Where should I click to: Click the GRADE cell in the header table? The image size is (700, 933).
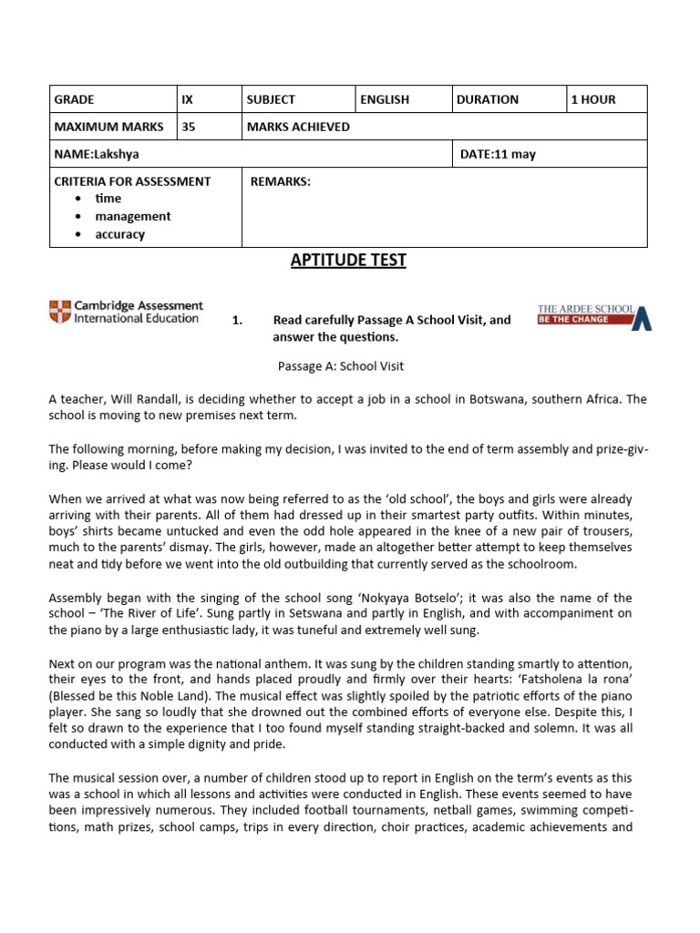75,99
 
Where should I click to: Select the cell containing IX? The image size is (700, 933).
189,99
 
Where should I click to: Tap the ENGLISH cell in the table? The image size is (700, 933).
384,99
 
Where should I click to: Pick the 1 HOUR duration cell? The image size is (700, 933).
592,99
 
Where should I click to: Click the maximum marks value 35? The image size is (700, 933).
189,127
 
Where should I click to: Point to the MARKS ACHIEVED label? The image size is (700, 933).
298,127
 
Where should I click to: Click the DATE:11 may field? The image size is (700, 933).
498,154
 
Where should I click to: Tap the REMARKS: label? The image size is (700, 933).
280,181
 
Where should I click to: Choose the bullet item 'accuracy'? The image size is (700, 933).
119,234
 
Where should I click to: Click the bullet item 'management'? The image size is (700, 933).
132,216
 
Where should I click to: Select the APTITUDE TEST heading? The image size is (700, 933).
348,261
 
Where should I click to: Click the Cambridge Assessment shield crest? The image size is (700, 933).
59,312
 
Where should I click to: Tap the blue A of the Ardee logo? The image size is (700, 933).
642,317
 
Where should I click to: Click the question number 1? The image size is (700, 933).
238,320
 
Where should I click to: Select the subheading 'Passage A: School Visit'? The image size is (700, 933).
340,366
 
